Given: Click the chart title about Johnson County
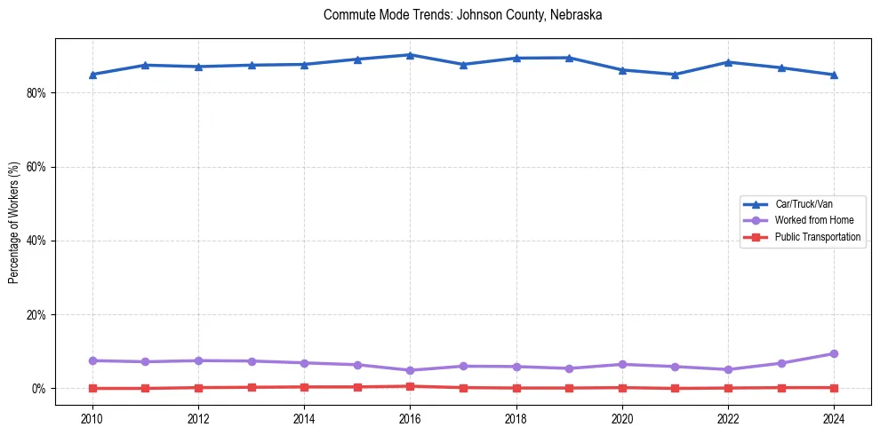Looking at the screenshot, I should (463, 15).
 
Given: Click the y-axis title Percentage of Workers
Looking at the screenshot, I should (13, 222).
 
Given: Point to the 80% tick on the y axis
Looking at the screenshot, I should (36, 92).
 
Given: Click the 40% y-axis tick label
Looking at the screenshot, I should (36, 241).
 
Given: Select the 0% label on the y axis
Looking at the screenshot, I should (38, 389).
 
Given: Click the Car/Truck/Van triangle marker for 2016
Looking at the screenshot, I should (410, 55).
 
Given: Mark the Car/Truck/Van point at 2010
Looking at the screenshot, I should (92, 75).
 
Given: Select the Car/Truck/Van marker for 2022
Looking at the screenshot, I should (728, 62).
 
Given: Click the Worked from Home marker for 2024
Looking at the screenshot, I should (834, 354).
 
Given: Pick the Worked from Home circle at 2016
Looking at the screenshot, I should (410, 370).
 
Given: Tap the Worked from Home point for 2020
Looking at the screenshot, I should (622, 365).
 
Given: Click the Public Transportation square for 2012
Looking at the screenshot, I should (198, 388).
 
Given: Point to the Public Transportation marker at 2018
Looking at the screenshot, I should (516, 388).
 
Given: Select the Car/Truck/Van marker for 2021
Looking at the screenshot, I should (675, 75).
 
